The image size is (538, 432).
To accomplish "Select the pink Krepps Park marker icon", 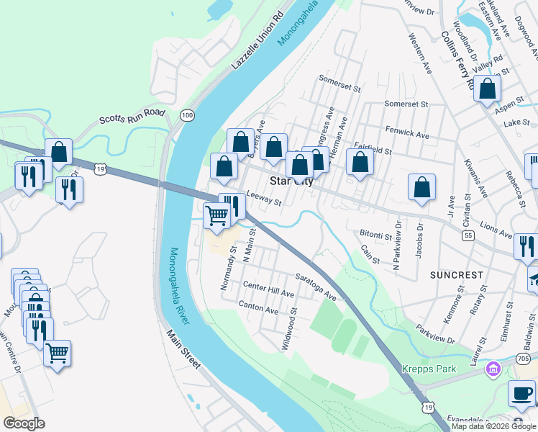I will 493,370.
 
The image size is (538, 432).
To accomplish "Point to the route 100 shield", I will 187,115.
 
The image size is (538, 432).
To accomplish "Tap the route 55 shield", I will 468,235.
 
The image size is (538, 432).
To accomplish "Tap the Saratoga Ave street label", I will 316,286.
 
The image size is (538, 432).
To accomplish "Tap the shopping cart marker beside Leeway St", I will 217,215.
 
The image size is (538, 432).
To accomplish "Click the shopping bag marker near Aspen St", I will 488,90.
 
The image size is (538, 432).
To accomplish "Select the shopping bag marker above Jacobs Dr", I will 421,187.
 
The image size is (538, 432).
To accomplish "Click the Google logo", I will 24,423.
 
